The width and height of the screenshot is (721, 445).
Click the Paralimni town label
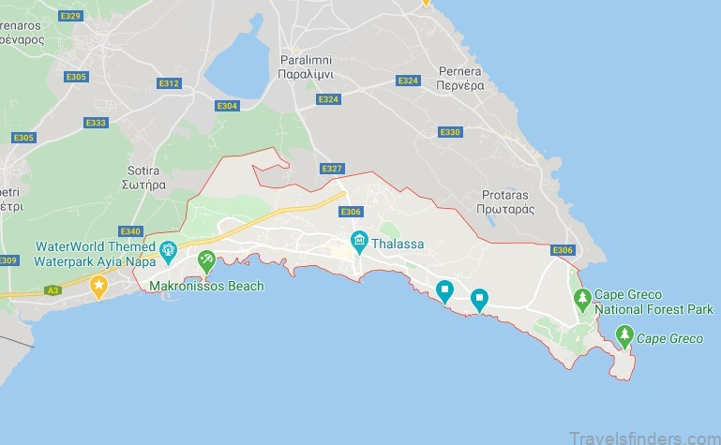(307, 66)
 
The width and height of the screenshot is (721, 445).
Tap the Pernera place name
(459, 78)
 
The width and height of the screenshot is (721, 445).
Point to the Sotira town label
(145, 178)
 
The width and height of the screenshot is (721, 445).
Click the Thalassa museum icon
(358, 244)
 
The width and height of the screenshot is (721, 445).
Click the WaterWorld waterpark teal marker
(168, 249)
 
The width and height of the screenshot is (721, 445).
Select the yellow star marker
(98, 284)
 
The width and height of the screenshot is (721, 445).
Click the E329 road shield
(69, 17)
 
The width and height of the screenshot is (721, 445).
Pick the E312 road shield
(169, 83)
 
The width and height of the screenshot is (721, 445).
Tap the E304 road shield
(227, 106)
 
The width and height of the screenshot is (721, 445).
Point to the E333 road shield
(96, 123)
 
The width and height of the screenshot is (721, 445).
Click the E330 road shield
(450, 132)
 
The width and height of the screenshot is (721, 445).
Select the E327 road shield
(332, 169)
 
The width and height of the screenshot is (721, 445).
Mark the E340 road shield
(130, 231)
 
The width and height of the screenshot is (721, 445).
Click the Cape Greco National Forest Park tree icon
(582, 298)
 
